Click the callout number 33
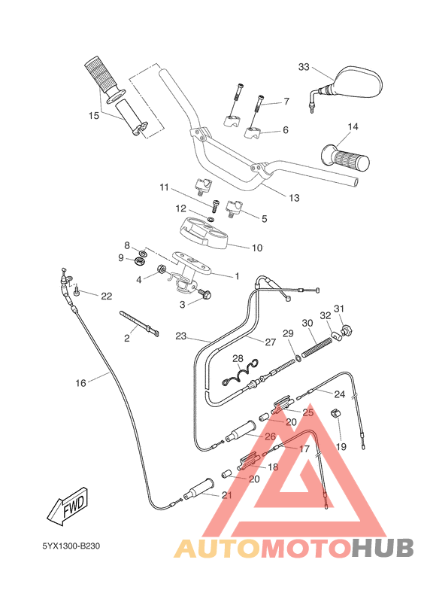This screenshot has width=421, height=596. coord(304,67)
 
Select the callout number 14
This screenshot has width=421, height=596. coord(353,126)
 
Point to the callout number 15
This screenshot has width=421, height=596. coord(94,116)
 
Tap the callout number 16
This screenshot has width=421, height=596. coord(81,383)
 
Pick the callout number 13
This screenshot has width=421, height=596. coord(294,198)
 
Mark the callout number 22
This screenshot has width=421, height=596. coord(106,296)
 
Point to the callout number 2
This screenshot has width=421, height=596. coord(126,339)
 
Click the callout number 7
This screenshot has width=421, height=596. coord(286,102)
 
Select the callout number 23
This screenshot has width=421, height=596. coord(180,336)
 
